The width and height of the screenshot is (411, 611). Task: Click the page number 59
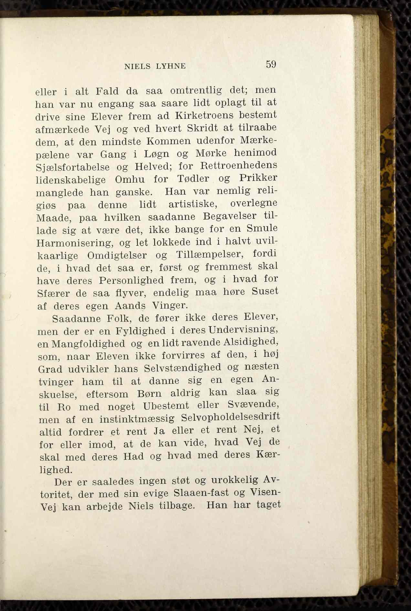271,64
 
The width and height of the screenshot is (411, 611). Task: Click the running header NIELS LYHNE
155,66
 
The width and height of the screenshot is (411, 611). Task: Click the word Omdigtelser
117,255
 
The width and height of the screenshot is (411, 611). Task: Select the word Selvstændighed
183,368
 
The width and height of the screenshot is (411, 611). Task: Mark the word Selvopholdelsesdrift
230,417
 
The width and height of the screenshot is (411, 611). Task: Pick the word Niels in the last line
141,506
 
